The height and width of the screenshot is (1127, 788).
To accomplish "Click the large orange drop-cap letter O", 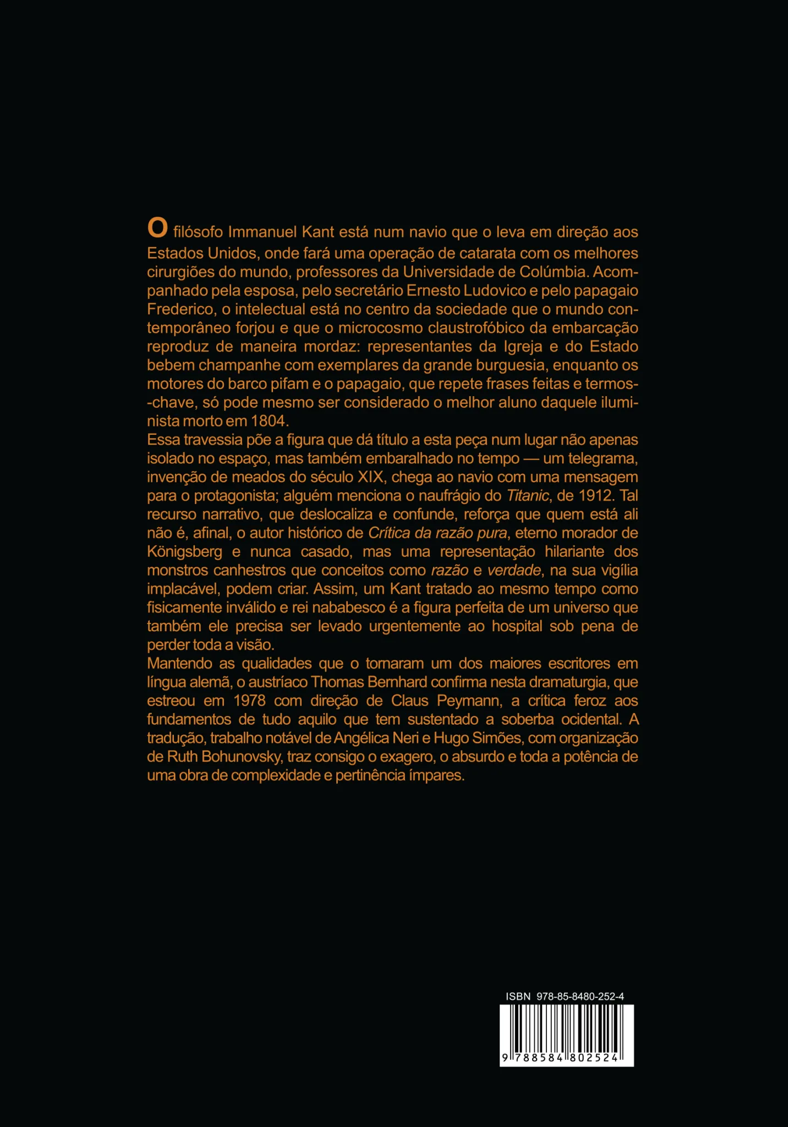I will click(157, 228).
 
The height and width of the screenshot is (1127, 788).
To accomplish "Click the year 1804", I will click(269, 421).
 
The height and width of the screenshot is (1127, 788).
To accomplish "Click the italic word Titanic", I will click(527, 496).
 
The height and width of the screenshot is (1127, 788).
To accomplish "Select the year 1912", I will click(595, 495).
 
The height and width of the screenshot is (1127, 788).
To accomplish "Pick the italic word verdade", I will click(514, 570).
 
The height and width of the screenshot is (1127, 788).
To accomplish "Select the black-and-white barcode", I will click(566, 1035).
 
